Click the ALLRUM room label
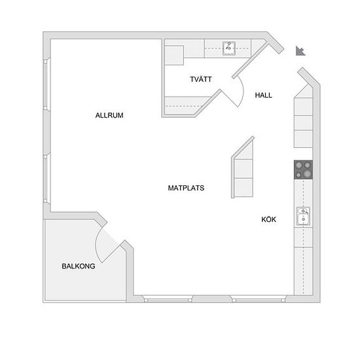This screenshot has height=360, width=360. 109,115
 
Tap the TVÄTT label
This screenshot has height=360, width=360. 201,79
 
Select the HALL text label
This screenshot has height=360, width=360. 264,95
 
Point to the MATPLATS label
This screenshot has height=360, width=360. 186,188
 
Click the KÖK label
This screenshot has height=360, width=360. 268,219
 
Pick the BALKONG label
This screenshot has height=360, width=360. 79,266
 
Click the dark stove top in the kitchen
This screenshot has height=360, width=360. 303,170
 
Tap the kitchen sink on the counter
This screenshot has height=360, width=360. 303,216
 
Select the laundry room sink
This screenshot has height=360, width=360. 228,48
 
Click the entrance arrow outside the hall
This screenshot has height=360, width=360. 300,51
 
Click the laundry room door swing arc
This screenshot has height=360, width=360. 242,91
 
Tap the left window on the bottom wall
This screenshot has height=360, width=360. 168,299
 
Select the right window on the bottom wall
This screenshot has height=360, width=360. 259,299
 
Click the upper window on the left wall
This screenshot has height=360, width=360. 46,84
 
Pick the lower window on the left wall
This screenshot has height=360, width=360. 46,179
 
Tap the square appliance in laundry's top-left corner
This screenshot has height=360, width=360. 174,56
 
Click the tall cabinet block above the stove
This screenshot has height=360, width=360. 303,122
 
